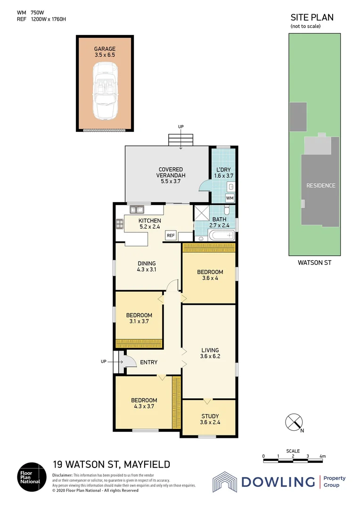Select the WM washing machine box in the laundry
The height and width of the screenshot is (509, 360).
point(229,198)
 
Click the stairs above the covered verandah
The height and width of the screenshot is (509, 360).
point(181,140)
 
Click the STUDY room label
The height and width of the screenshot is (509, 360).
point(209,419)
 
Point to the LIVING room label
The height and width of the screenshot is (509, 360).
point(210,353)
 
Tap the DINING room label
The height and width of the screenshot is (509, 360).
point(147,267)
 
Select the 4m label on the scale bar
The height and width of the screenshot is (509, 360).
point(322,456)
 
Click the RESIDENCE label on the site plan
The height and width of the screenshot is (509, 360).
point(321,186)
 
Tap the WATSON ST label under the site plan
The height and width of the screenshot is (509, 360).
point(315,263)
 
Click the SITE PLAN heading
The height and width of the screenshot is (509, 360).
point(312,17)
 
